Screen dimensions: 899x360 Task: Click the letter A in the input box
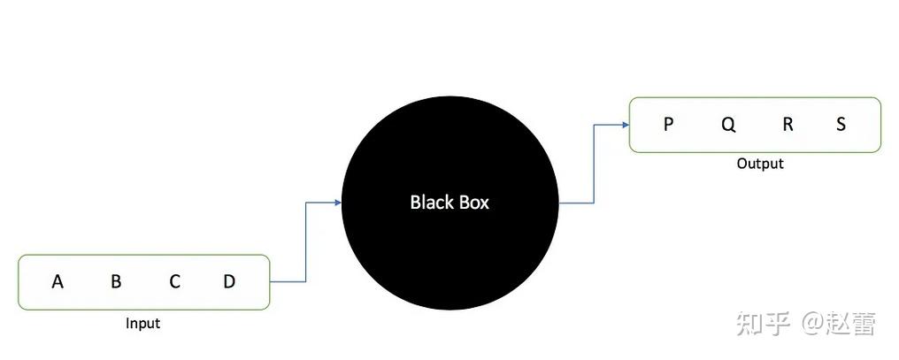58,282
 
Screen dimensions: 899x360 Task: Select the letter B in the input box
116,282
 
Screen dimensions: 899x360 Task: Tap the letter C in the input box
175,282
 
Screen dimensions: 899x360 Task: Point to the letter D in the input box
229,282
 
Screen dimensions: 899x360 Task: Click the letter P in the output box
668,125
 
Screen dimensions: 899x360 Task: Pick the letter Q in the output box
728,125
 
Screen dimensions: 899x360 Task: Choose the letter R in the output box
788,125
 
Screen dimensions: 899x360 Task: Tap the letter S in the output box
841,125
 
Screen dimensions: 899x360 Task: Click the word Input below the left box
142,324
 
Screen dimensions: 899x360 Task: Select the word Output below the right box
760,164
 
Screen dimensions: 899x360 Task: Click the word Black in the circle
428,203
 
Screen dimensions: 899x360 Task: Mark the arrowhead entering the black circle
337,203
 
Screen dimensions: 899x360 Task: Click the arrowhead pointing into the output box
625,125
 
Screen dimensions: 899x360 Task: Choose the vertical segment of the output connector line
594,164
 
